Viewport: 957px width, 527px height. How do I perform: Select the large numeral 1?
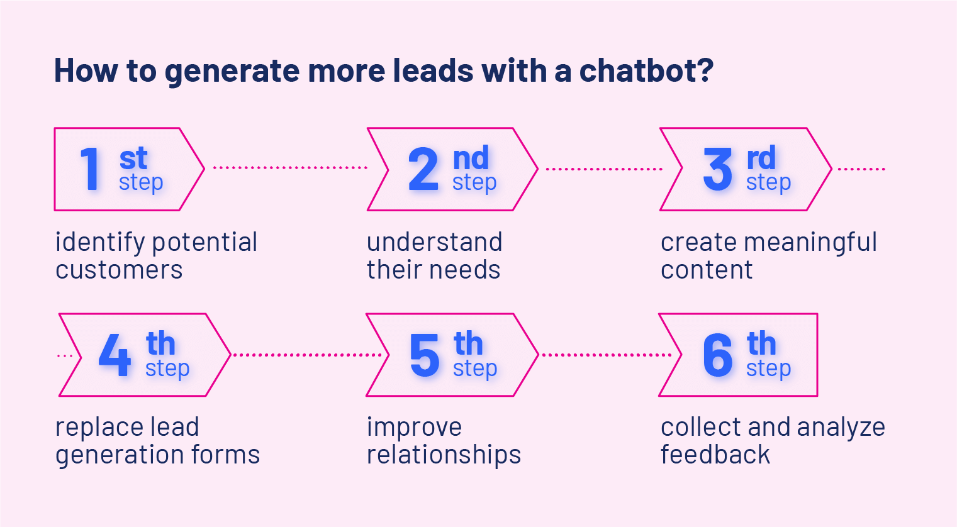[x=90, y=169]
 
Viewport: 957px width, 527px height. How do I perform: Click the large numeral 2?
[x=423, y=169]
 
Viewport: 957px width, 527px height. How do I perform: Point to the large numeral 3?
[x=718, y=169]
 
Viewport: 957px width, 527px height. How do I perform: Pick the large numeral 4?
[x=115, y=355]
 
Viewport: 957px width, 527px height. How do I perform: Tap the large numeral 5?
[x=424, y=355]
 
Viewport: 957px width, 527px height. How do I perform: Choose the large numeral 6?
[x=718, y=355]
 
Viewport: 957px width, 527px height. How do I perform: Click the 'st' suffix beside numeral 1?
[x=133, y=158]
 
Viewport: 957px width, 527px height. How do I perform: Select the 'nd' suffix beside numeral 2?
[x=471, y=158]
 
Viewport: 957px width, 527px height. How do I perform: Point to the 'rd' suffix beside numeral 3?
[x=761, y=158]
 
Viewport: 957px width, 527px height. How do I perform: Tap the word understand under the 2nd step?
[x=435, y=242]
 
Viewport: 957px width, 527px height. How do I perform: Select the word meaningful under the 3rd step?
[x=810, y=243]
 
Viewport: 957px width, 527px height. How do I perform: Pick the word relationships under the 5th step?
[x=444, y=455]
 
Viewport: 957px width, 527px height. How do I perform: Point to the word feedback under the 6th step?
[x=715, y=454]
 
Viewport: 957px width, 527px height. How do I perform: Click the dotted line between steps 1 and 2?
[x=290, y=168]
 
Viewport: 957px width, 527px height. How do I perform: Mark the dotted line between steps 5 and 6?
[x=607, y=355]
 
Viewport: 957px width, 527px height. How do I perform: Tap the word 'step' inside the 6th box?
[x=769, y=369]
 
